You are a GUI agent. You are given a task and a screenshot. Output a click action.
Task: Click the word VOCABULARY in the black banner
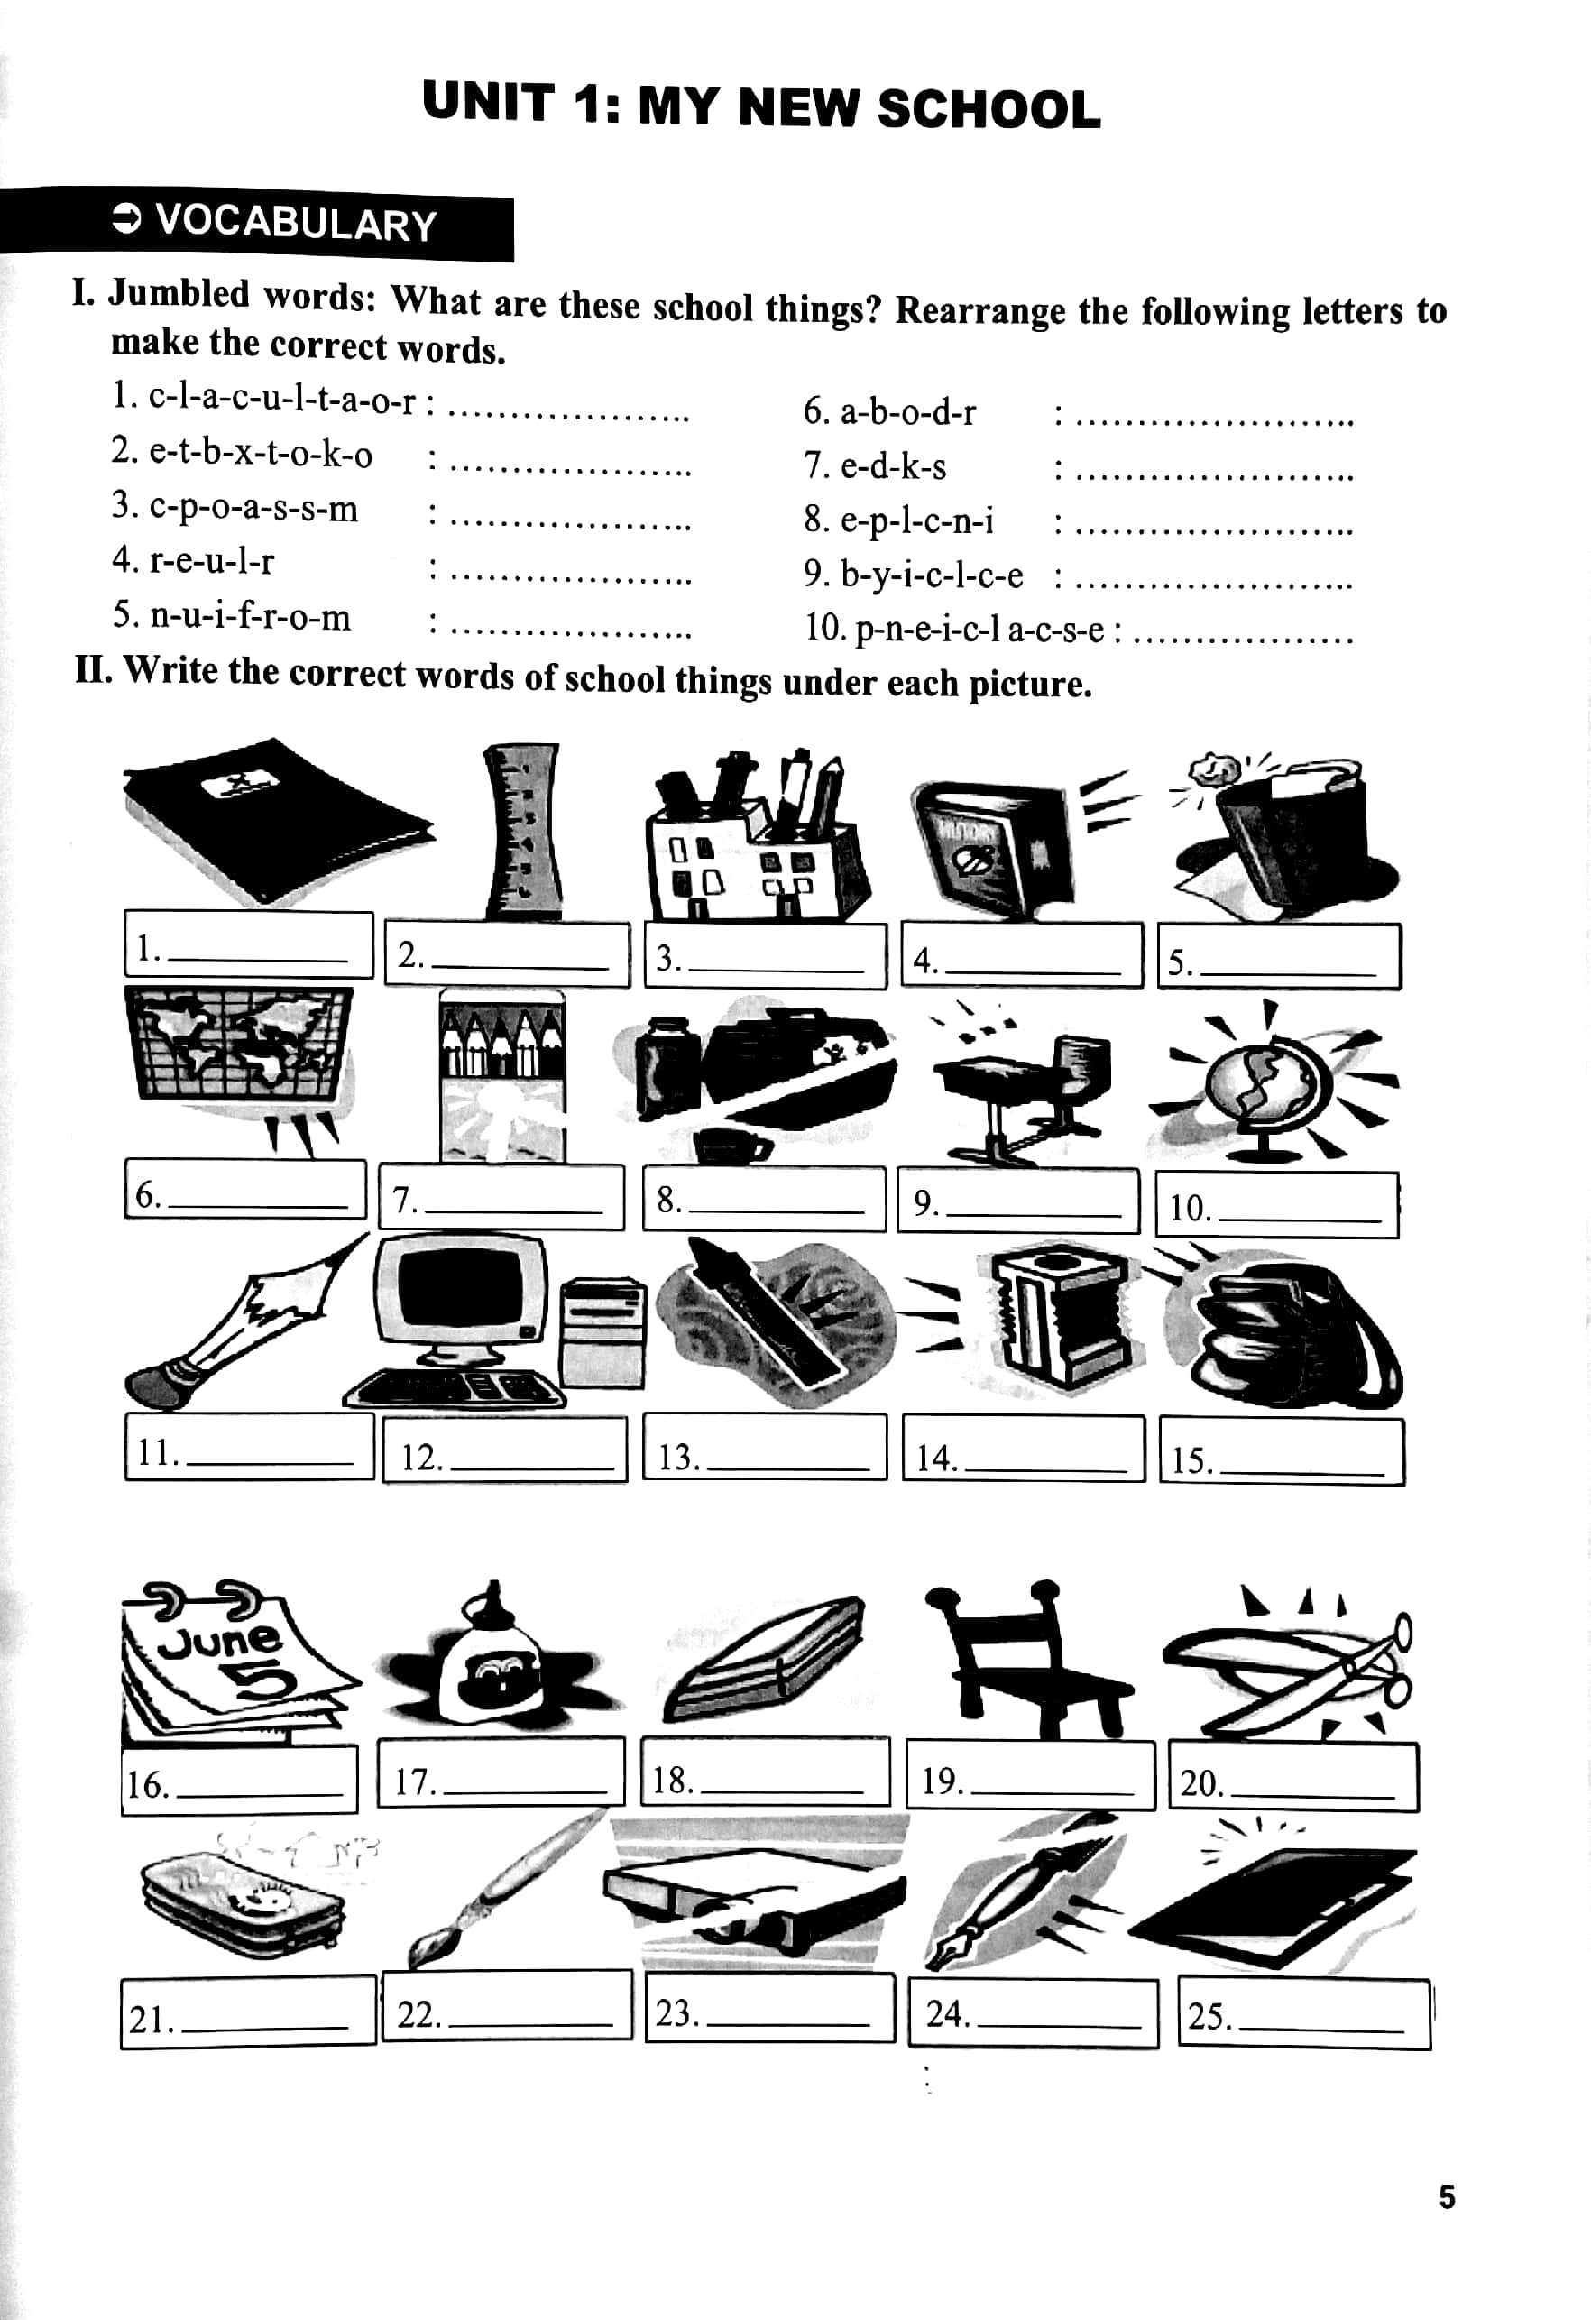tap(297, 223)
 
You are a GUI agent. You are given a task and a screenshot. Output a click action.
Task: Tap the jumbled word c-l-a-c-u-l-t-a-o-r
tap(281, 400)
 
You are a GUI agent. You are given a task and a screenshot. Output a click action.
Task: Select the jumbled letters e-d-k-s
tap(893, 466)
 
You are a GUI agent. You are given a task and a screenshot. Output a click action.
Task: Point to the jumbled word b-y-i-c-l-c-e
tap(932, 574)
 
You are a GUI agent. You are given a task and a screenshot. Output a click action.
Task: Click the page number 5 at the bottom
tap(1447, 2197)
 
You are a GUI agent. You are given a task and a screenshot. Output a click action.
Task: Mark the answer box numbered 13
tap(765, 1447)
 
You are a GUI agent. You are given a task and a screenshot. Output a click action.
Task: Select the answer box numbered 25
tap(1303, 2012)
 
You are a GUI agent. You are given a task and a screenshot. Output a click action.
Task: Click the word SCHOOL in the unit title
tap(989, 109)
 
